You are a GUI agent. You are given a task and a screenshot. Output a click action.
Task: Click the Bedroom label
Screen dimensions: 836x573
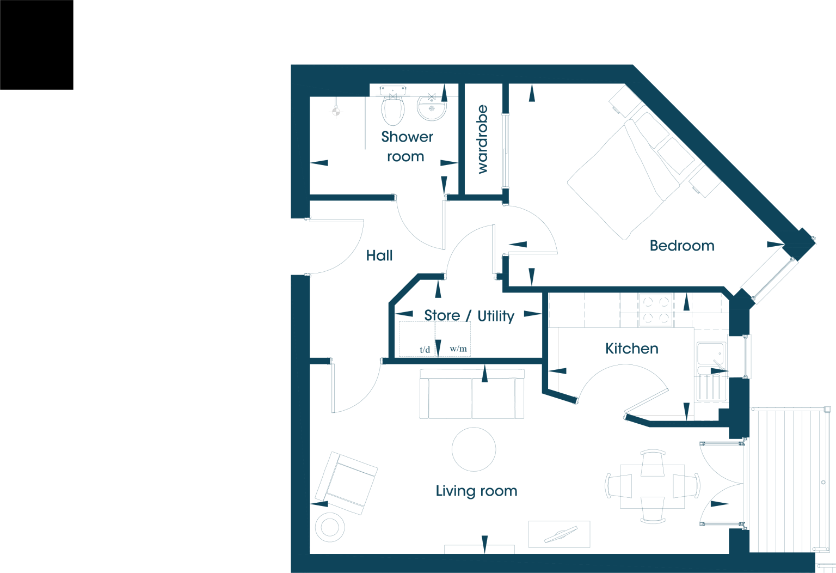682,246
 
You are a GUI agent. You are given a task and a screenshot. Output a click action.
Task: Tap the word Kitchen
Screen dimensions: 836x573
632,349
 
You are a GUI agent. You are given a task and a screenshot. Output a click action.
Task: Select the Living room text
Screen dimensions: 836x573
477,491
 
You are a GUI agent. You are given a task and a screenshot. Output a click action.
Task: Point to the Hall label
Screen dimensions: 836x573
379,255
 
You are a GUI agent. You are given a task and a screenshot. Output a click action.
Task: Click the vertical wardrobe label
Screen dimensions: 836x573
482,139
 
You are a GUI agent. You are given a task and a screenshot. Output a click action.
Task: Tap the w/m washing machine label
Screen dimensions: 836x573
458,349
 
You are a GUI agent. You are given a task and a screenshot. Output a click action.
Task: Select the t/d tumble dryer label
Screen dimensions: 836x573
425,349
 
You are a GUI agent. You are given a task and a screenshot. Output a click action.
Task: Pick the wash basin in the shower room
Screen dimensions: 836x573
432,108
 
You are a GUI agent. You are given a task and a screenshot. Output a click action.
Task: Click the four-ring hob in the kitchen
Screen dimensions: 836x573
656,310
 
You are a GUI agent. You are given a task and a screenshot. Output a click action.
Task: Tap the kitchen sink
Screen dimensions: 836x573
711,371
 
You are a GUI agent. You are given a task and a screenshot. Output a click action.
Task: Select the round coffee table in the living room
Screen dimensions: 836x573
474,449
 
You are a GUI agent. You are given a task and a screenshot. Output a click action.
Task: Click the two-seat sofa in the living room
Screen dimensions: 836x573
472,394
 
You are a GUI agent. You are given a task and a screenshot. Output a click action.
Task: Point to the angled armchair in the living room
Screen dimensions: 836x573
346,483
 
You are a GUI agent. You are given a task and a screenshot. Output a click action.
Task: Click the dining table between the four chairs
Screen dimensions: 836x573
653,486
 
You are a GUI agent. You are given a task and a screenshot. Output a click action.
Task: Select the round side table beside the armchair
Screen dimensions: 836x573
330,527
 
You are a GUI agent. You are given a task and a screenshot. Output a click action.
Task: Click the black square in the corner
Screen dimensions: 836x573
36,45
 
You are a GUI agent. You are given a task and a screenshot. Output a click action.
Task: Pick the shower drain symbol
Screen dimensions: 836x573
336,111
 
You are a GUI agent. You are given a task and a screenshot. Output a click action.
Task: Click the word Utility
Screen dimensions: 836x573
496,316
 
